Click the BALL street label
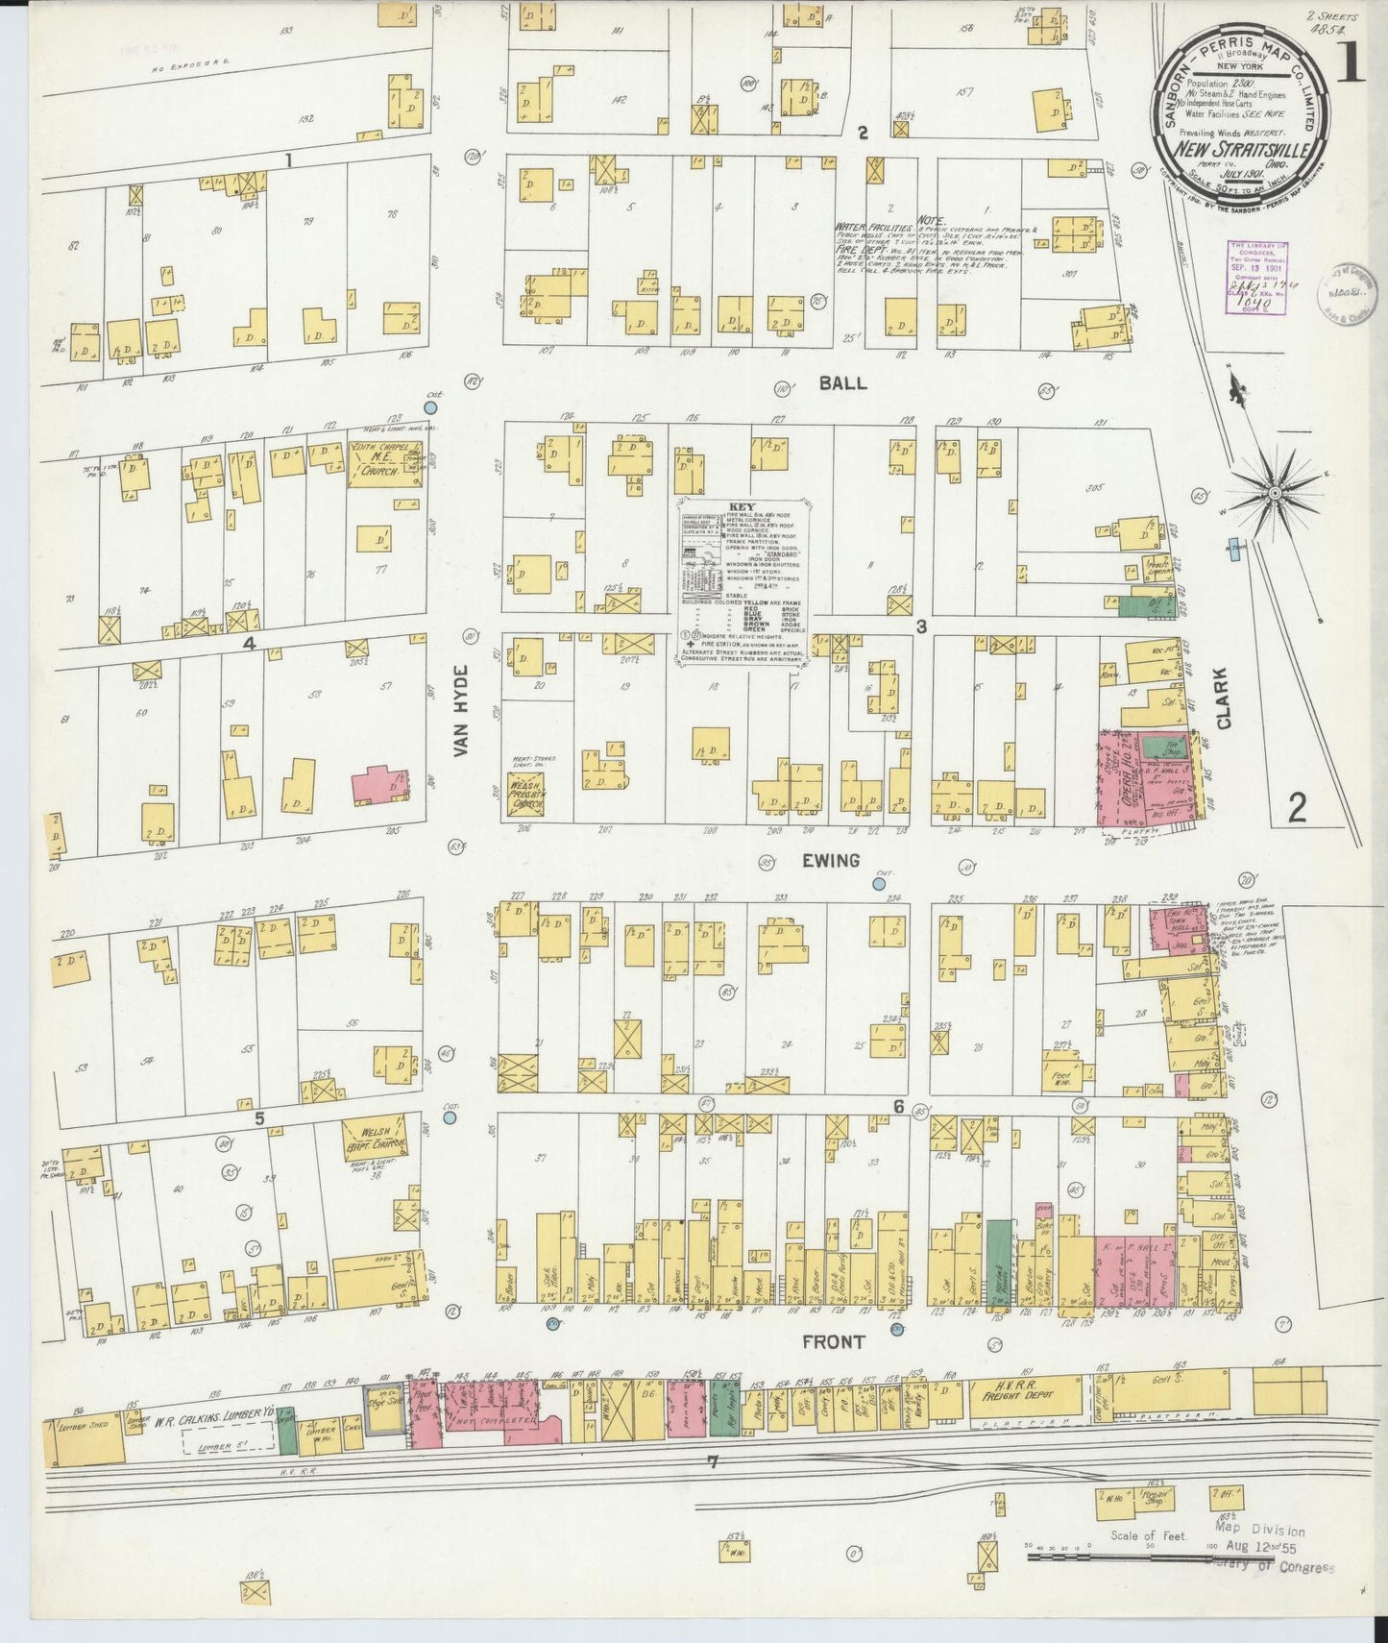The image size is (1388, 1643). (x=842, y=382)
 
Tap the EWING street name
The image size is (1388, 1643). (x=831, y=860)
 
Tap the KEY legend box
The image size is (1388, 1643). (x=742, y=579)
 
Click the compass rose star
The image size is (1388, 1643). (x=1274, y=493)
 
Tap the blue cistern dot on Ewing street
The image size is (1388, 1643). (x=879, y=883)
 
